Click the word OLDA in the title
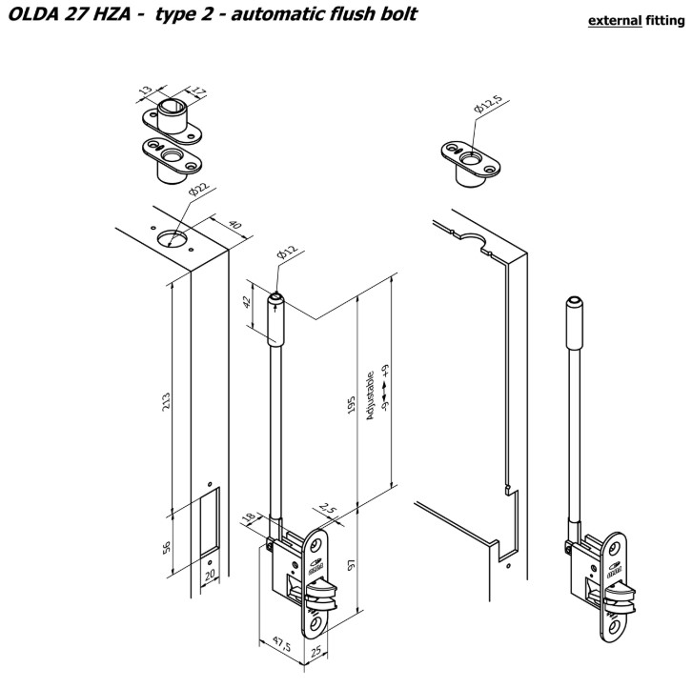pos(38,15)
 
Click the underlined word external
pos(614,20)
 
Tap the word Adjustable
pos(370,396)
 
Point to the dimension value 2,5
pos(330,511)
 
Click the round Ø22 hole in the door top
pos(174,238)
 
